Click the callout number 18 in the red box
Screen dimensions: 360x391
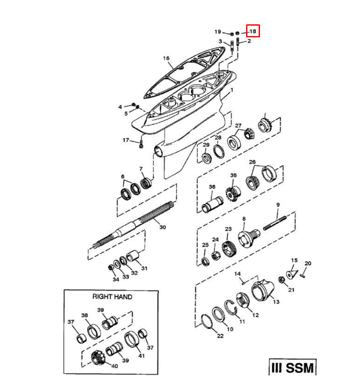pyautogui.click(x=253, y=31)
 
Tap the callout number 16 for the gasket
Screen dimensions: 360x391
pyautogui.click(x=166, y=58)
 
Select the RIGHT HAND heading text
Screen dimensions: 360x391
pyautogui.click(x=112, y=296)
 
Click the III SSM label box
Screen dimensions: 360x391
pyautogui.click(x=292, y=367)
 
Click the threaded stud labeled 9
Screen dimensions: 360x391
pyautogui.click(x=275, y=223)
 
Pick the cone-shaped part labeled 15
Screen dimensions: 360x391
pyautogui.click(x=291, y=274)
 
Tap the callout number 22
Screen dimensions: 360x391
pyautogui.click(x=220, y=336)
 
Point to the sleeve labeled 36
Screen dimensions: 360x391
pyautogui.click(x=212, y=204)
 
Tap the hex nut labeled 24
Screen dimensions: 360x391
pyautogui.click(x=216, y=255)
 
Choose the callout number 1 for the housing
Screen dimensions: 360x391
pyautogui.click(x=232, y=90)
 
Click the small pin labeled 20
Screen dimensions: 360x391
pyautogui.click(x=303, y=276)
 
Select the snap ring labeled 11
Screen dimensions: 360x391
pyautogui.click(x=230, y=307)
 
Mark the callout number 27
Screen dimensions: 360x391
pyautogui.click(x=238, y=126)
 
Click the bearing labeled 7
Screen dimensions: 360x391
pyautogui.click(x=146, y=183)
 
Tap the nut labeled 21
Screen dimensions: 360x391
pyautogui.click(x=282, y=280)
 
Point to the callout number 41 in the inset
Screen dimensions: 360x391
pyautogui.click(x=141, y=355)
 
